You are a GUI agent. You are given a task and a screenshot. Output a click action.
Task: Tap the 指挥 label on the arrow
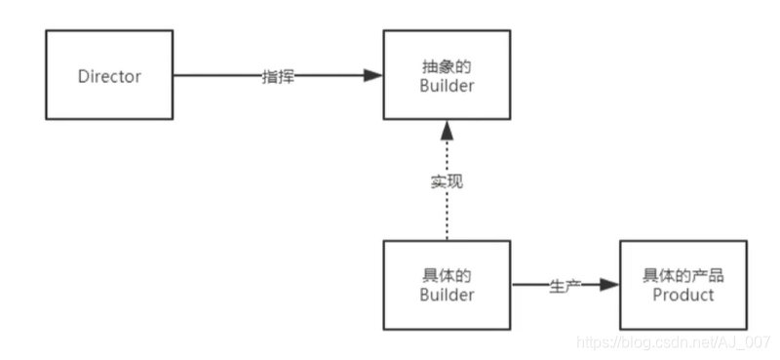click(277, 76)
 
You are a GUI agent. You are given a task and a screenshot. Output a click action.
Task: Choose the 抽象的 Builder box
click(445, 75)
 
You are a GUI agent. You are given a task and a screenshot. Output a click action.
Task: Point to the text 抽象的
click(445, 65)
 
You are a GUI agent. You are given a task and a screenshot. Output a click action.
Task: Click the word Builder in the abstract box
click(445, 86)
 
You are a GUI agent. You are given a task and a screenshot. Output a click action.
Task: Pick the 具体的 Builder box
click(445, 284)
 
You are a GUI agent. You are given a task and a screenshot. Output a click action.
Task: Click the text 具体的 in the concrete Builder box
click(445, 274)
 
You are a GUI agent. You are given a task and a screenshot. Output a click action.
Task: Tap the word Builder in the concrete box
click(445, 295)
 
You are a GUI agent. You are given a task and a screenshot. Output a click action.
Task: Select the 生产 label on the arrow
click(564, 284)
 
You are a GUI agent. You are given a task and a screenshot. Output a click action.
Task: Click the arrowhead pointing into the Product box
click(609, 284)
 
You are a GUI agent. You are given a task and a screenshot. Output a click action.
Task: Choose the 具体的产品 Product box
click(683, 284)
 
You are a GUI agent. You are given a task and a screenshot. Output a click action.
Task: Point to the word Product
click(683, 295)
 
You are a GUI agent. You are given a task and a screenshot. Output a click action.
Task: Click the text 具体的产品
click(683, 274)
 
